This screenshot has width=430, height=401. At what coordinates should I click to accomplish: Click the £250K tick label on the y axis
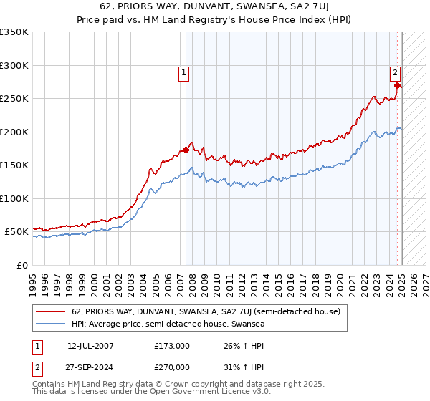coord(14,99)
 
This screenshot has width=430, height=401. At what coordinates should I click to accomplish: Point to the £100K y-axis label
coord(14,198)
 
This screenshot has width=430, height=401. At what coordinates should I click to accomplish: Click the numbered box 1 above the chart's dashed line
coord(184,72)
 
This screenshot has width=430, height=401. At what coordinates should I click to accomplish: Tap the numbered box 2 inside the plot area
coord(395,72)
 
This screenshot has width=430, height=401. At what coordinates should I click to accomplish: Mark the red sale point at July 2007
coord(186,150)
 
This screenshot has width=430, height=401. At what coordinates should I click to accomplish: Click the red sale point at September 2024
coord(397,85)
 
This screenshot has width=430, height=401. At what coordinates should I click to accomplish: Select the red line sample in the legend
coord(52,311)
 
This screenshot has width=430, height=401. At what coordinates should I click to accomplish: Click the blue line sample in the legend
coord(52,324)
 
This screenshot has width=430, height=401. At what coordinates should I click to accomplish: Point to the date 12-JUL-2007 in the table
coord(90,346)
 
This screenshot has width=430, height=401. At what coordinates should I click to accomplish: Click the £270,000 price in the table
coord(172,367)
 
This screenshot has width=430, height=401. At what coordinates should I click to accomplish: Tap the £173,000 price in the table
coord(172,346)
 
